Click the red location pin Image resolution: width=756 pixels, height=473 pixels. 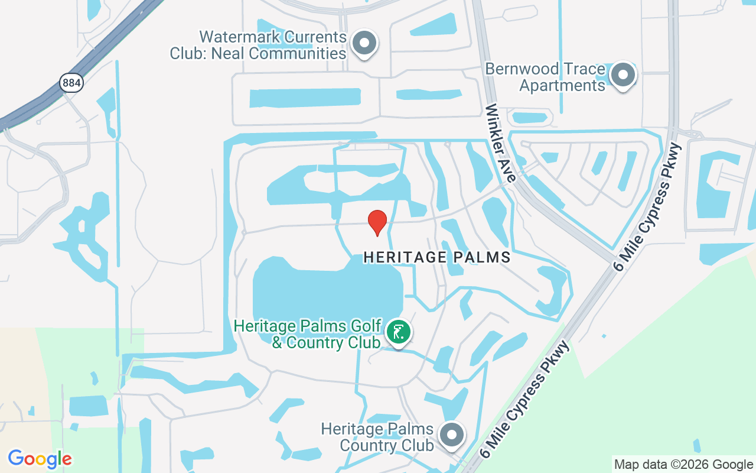(377, 222)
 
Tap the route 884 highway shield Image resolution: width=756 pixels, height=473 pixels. (71, 83)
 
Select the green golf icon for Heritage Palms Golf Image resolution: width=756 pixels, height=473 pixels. (399, 331)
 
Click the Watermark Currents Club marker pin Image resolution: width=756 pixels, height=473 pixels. (364, 44)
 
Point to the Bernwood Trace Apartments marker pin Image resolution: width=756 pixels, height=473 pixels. (622, 75)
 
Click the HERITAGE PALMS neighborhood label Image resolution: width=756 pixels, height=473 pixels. (436, 257)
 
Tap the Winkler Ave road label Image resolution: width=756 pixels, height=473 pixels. (501, 143)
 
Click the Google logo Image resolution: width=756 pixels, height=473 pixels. (40, 459)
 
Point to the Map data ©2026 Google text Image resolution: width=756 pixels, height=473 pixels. (683, 465)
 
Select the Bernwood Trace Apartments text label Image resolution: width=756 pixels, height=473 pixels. (545, 77)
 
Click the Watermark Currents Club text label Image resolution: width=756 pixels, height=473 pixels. (258, 45)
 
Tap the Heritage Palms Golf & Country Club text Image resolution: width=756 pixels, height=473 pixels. (307, 334)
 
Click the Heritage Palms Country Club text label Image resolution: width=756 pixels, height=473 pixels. (377, 436)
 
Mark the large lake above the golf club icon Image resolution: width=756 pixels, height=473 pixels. (328, 293)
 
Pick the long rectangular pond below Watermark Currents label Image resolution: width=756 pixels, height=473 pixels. (305, 98)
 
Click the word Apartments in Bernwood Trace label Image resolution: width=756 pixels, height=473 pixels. (562, 86)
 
